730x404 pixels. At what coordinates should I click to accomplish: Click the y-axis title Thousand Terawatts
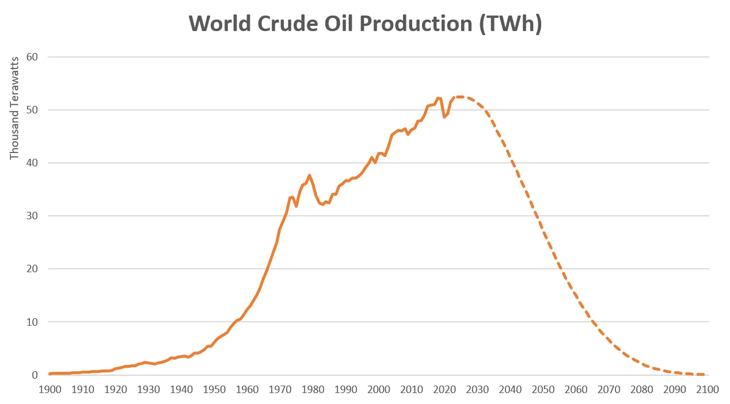pos(14,108)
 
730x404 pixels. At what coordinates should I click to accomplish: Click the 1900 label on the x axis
pos(50,390)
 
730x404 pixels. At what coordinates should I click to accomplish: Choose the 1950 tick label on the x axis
pos(214,390)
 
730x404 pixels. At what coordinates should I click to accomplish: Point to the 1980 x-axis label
pos(313,390)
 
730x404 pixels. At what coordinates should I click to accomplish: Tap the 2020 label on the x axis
pos(444,390)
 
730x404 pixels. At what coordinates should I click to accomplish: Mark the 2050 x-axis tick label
pos(543,390)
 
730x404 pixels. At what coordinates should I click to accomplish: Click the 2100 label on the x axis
pos(707,390)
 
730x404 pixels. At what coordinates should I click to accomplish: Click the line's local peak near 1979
pos(310,176)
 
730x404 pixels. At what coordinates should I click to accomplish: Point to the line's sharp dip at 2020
pos(444,117)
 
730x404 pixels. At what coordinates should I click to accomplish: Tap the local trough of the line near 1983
pos(322,204)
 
